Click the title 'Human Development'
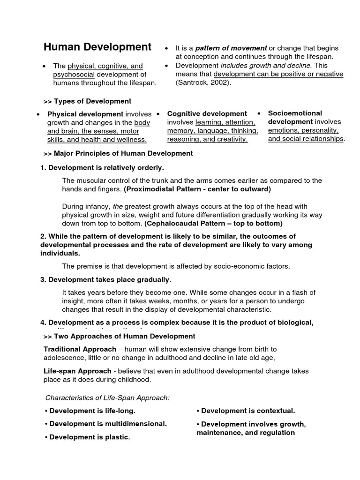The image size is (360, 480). pos(97,47)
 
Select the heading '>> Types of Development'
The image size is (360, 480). pos(87,101)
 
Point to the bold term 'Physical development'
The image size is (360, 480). pos(85,114)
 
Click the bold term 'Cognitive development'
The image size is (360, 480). pos(207,113)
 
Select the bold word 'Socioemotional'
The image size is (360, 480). pos(295,113)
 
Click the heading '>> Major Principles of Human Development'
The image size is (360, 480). pos(118,153)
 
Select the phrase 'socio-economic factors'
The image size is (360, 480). pos(254,266)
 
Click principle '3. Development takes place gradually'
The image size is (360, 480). pos(105,279)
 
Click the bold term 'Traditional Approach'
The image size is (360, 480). pos(80,349)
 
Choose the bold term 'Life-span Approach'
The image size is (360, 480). pos(77,371)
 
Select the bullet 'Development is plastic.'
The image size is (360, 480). pos(88,437)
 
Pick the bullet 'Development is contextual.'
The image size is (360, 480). pos(246,411)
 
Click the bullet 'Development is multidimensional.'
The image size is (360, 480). pos(106,424)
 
